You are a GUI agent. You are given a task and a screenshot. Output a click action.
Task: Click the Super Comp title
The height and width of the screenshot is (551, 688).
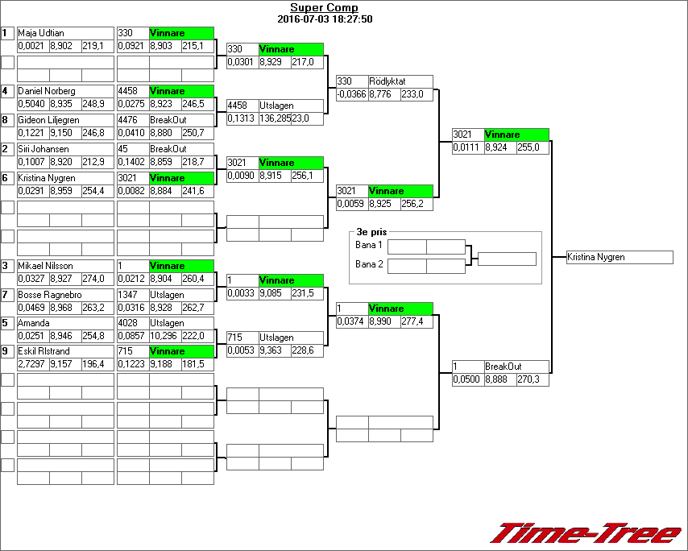tap(324, 8)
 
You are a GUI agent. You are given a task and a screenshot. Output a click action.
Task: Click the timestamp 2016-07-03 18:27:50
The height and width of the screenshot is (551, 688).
tap(324, 19)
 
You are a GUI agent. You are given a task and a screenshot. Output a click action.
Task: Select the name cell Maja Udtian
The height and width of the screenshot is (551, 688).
tap(65, 34)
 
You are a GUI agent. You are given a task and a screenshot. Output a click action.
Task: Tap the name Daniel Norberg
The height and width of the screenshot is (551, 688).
tap(65, 92)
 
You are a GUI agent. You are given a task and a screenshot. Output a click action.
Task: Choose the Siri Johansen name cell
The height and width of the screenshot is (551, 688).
tap(65, 150)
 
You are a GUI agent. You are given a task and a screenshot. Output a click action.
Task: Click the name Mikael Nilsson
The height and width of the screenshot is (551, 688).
tap(65, 266)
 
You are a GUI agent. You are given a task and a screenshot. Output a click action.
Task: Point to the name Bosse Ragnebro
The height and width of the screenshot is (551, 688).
tap(65, 295)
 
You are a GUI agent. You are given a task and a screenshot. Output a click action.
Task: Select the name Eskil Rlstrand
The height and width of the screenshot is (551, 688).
tap(65, 352)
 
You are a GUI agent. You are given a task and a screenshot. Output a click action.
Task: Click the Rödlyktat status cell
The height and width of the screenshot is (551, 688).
tap(400, 82)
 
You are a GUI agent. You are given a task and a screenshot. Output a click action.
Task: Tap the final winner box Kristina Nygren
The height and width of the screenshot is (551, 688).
tap(619, 258)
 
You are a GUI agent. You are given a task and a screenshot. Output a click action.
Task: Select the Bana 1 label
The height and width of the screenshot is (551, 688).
tap(368, 245)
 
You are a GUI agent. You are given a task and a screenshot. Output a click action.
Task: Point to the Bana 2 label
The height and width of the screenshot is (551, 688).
tap(368, 264)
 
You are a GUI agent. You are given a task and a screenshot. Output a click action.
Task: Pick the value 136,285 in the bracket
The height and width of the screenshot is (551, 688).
tap(274, 118)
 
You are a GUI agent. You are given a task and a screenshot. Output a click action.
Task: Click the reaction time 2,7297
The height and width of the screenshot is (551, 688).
tap(33, 365)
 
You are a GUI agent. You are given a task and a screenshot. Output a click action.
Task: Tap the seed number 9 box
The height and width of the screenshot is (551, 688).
tap(7, 351)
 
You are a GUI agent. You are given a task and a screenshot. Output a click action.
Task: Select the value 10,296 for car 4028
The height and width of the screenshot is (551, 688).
tap(164, 336)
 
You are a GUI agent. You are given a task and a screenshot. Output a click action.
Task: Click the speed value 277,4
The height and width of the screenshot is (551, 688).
tap(417, 321)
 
